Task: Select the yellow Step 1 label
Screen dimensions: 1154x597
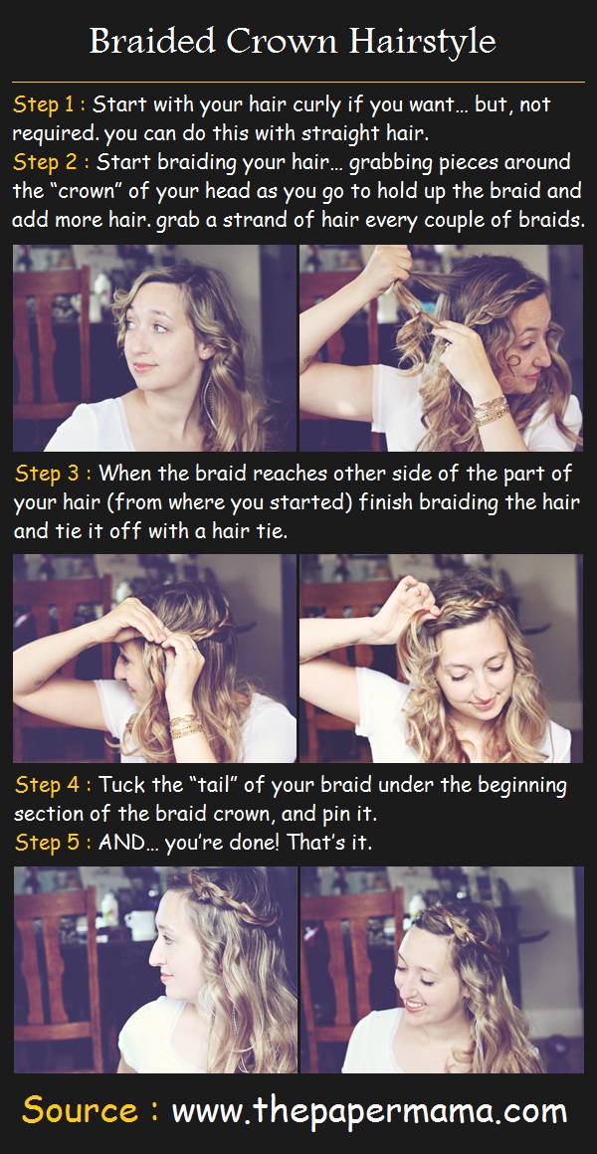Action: [50, 104]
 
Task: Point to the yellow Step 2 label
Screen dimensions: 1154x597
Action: [50, 162]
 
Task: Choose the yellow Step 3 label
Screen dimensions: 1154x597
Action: [52, 474]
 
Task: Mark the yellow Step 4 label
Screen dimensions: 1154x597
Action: [52, 785]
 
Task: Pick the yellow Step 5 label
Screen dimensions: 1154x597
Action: [52, 843]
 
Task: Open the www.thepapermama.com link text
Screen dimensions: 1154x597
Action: [369, 1110]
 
